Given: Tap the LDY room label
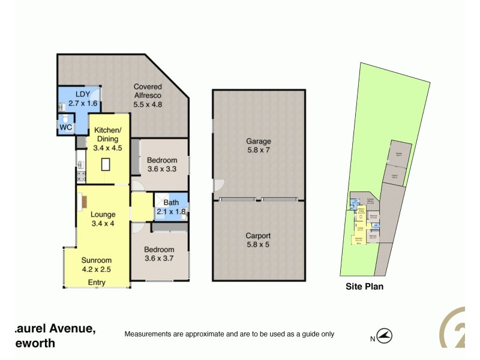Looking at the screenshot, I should click(x=82, y=94).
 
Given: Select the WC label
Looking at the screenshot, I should click(x=66, y=128).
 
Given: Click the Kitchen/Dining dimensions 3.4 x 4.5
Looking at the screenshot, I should click(x=107, y=147).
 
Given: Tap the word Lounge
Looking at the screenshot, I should click(x=103, y=214).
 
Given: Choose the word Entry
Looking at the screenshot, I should click(x=97, y=282).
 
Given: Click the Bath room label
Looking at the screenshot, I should click(x=171, y=203).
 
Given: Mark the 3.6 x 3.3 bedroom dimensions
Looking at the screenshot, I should click(x=162, y=169).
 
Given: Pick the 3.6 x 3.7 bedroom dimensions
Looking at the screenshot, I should click(x=158, y=259).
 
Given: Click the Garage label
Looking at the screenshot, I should click(x=258, y=142).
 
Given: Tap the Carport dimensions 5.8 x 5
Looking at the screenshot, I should click(x=258, y=245).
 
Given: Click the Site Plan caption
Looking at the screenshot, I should click(x=364, y=286).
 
